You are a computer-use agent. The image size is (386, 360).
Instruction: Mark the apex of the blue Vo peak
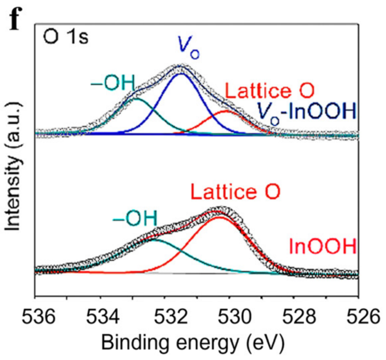[x=181, y=74]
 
